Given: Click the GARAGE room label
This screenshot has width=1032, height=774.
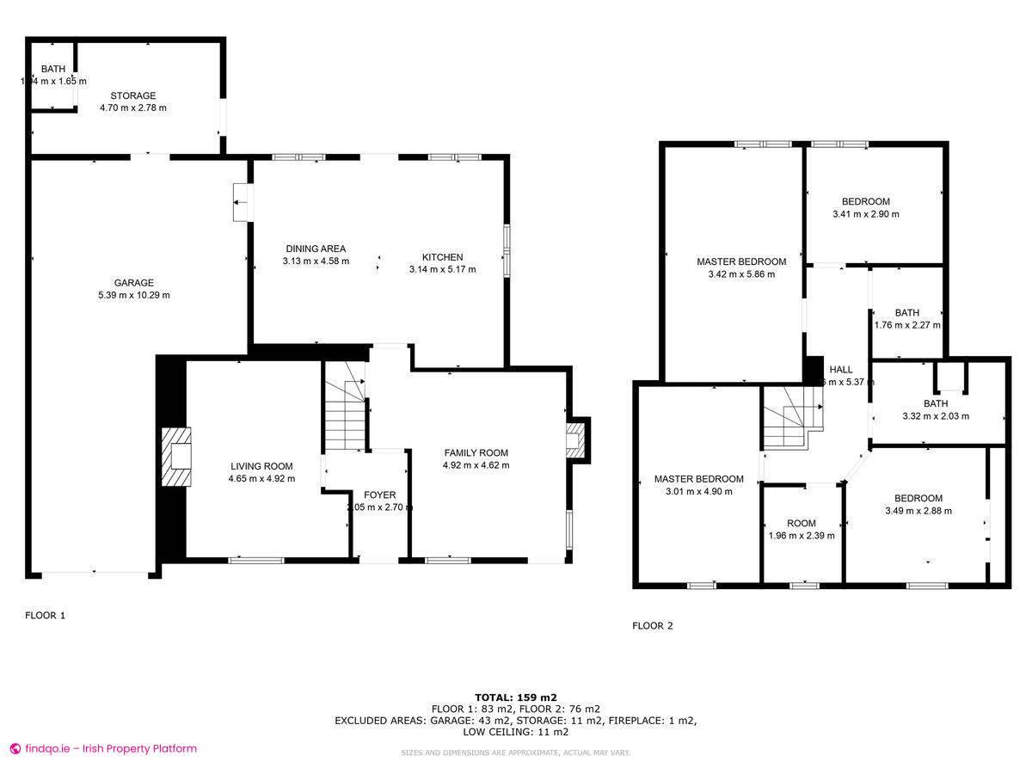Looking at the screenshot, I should [x=133, y=282].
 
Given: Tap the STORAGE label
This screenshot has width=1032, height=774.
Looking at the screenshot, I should [x=133, y=95].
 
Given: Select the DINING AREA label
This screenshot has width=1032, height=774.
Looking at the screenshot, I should [x=316, y=249].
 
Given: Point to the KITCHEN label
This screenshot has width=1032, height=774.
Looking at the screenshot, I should [x=442, y=257].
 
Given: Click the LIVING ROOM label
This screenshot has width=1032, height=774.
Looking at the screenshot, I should [x=261, y=466].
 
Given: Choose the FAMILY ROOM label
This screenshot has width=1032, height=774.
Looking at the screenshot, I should [x=476, y=453].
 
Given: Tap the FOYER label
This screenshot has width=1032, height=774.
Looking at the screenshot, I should [x=379, y=495].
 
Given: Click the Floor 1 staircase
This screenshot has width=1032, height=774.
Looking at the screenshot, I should [x=344, y=413].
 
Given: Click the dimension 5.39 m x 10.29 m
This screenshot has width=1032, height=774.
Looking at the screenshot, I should [x=133, y=295].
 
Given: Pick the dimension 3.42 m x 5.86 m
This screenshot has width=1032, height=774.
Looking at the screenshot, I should [x=741, y=274].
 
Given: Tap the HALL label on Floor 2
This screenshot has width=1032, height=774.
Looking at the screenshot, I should [x=840, y=369].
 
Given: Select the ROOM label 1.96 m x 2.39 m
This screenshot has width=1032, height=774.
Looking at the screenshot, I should [x=801, y=524].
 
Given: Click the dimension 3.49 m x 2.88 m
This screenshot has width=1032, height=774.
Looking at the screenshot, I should [x=918, y=511].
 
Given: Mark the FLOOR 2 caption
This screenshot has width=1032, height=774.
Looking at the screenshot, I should [x=652, y=626].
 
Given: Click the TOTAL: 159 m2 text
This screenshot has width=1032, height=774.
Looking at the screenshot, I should [x=516, y=697].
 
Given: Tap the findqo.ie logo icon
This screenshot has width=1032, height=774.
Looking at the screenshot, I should [x=15, y=748].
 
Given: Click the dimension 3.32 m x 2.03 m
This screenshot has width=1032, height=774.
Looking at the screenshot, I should [x=935, y=416].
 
